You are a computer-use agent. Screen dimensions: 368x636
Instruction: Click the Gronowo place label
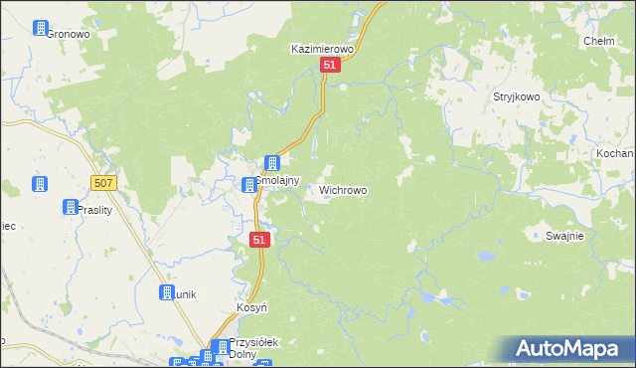click(68, 33)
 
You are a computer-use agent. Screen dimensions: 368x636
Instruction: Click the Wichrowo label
click(343, 189)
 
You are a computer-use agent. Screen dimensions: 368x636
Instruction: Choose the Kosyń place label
click(252, 308)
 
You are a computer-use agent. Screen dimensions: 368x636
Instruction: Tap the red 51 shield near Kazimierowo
click(332, 65)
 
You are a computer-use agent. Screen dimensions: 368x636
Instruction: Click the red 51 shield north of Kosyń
click(259, 240)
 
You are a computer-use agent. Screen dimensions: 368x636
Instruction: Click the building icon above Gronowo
click(42, 29)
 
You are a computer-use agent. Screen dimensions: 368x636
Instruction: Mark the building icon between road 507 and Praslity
click(41, 185)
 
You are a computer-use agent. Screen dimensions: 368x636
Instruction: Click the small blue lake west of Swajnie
click(487, 256)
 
